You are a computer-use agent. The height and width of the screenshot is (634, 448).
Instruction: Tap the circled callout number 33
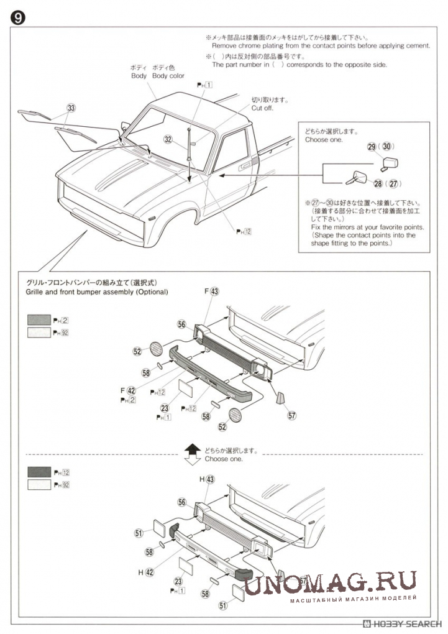pos(71,108)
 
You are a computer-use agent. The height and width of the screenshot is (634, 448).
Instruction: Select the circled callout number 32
pos(168,140)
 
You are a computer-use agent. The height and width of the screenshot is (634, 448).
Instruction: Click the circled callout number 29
pos(371,147)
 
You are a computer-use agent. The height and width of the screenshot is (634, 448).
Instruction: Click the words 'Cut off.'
pos(262,108)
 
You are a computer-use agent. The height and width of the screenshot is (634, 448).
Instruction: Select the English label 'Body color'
pos(168,76)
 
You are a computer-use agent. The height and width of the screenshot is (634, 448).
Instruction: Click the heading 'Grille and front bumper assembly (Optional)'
pos(96,292)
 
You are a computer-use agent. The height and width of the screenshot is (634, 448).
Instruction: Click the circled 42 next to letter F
pos(131,390)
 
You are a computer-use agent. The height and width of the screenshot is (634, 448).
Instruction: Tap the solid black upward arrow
pos(193,449)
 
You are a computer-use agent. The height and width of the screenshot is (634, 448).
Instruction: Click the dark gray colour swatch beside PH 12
pos(39,472)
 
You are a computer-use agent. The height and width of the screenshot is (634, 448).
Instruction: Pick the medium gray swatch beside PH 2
pos(39,320)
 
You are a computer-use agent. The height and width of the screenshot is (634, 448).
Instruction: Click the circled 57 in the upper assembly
pos(292,416)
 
